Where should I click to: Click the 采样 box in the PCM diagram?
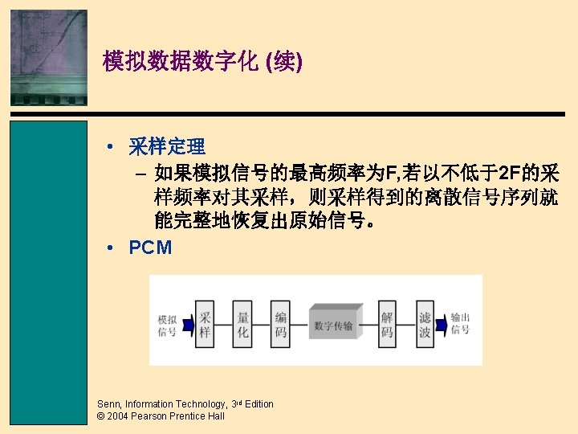pyautogui.click(x=206, y=325)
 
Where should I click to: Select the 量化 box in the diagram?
pyautogui.click(x=243, y=325)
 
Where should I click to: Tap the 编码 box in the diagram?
pyautogui.click(x=280, y=325)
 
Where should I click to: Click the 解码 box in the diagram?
pyautogui.click(x=387, y=325)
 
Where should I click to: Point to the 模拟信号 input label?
pyautogui.click(x=167, y=325)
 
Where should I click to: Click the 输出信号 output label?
pyautogui.click(x=461, y=323)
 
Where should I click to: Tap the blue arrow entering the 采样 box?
pyautogui.click(x=188, y=325)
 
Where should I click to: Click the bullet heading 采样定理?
pyautogui.click(x=167, y=146)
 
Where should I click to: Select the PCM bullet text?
pyautogui.click(x=150, y=248)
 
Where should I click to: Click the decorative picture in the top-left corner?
pyautogui.click(x=49, y=56)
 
